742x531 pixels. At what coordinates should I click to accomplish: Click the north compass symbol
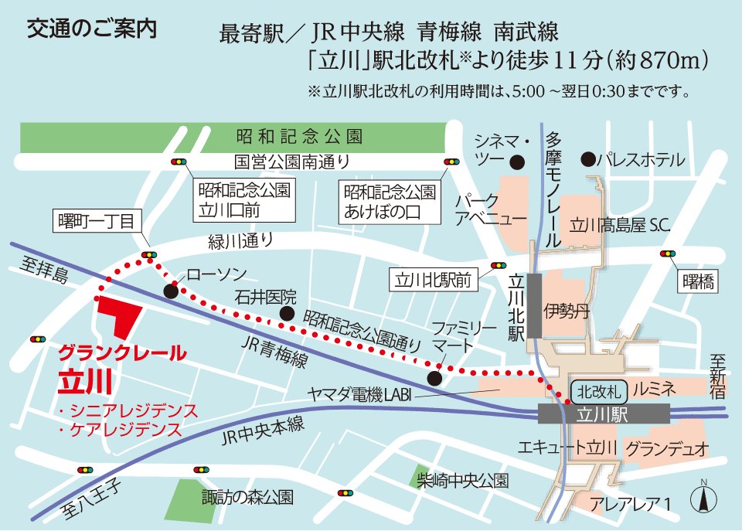click(x=705, y=497)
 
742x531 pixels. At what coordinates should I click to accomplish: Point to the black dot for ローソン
click(x=171, y=291)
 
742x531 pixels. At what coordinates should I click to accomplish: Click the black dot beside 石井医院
click(x=288, y=313)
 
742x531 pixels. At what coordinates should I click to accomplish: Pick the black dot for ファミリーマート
click(x=435, y=378)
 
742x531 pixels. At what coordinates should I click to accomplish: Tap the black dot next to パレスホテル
click(x=590, y=159)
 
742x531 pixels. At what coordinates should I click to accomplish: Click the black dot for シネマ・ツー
click(x=517, y=162)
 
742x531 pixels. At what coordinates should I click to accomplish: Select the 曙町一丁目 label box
click(x=96, y=222)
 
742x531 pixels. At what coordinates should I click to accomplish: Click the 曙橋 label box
click(x=698, y=282)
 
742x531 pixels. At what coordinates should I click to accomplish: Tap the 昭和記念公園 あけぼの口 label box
click(x=390, y=201)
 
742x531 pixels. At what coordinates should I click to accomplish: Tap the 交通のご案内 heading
click(x=91, y=29)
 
